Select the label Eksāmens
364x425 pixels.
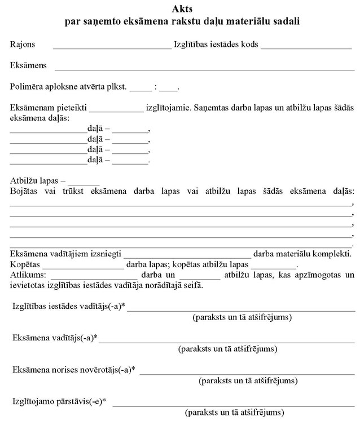(28, 66)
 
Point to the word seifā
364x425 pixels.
(193, 286)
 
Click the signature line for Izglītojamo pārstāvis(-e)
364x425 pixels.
(234, 405)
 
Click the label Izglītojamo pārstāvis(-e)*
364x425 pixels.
(59, 402)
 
